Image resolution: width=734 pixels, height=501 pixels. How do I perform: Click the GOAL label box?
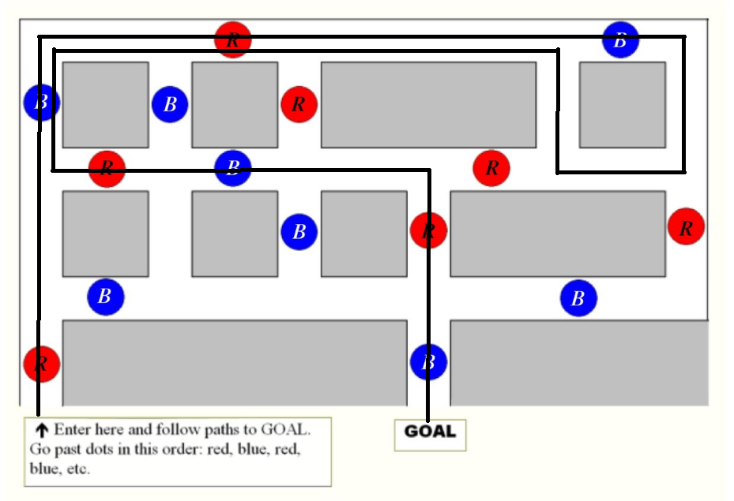point(430,432)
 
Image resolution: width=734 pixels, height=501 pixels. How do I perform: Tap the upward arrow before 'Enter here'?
point(41,430)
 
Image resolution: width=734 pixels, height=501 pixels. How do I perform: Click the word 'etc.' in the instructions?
point(77,469)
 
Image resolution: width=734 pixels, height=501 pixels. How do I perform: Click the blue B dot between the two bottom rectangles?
point(428,362)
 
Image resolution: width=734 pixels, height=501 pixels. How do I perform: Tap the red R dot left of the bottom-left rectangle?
point(42,364)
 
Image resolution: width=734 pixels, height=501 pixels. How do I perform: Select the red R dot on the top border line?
point(233,39)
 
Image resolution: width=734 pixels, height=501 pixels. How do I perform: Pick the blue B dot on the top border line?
point(620,39)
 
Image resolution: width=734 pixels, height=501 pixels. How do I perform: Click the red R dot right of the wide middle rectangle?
point(686,227)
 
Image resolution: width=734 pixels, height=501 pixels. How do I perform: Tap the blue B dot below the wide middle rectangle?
point(578,299)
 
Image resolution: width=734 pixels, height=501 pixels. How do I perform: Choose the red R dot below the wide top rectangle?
point(491,167)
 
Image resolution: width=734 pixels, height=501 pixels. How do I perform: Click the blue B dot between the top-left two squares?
point(170,103)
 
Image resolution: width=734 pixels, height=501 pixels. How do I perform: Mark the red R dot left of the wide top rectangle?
point(299,103)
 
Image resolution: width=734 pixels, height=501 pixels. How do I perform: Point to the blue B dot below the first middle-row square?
point(105,297)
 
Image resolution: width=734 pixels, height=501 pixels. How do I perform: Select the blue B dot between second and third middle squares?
point(299,231)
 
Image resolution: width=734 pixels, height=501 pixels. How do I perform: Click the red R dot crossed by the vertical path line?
point(428,230)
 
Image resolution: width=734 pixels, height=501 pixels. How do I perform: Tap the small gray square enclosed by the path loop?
point(622,104)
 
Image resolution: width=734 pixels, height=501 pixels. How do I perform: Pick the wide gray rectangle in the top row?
point(428,104)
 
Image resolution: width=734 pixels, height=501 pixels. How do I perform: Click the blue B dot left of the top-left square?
point(41,103)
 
